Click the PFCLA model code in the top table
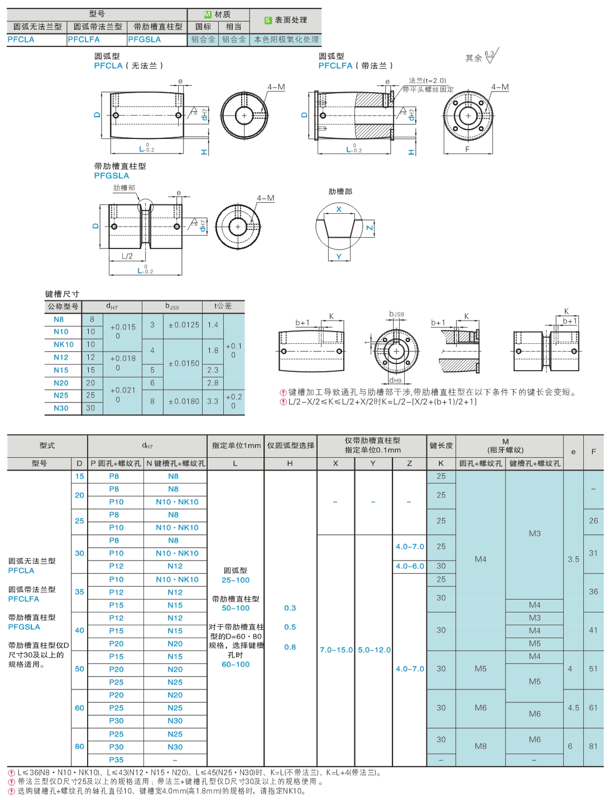coord(21,40)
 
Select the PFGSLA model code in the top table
coord(145,40)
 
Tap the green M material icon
coord(208,15)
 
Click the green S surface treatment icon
coord(268,20)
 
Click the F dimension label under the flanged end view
coord(467,149)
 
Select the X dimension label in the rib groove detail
coord(339,209)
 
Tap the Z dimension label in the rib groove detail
coord(370,228)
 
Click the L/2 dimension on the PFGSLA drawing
coord(127,256)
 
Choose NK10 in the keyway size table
coord(64,344)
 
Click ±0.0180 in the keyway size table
coord(184,401)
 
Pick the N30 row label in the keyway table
coord(61,408)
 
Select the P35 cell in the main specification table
coord(116,760)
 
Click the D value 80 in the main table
coord(79,746)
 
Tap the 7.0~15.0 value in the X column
coord(336,650)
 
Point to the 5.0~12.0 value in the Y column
coord(374,650)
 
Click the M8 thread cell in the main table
coord(481,746)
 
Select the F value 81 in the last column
coord(593,746)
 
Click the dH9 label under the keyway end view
coord(396,380)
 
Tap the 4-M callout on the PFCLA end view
coord(276,87)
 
